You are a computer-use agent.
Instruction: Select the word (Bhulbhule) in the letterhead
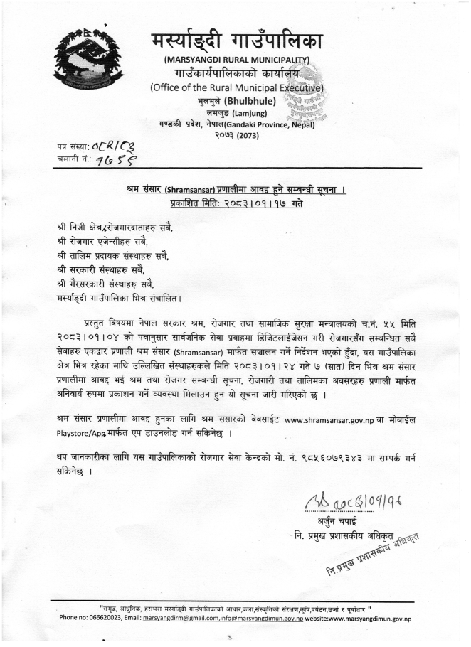252,101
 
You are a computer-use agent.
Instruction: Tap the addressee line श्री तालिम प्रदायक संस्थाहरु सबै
115,255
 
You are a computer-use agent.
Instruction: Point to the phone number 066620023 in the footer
110,619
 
